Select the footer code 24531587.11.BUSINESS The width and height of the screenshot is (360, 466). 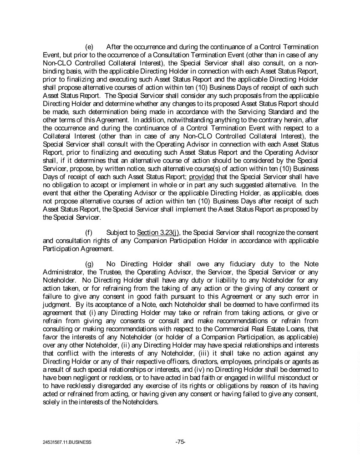pyautogui.click(x=65, y=442)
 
